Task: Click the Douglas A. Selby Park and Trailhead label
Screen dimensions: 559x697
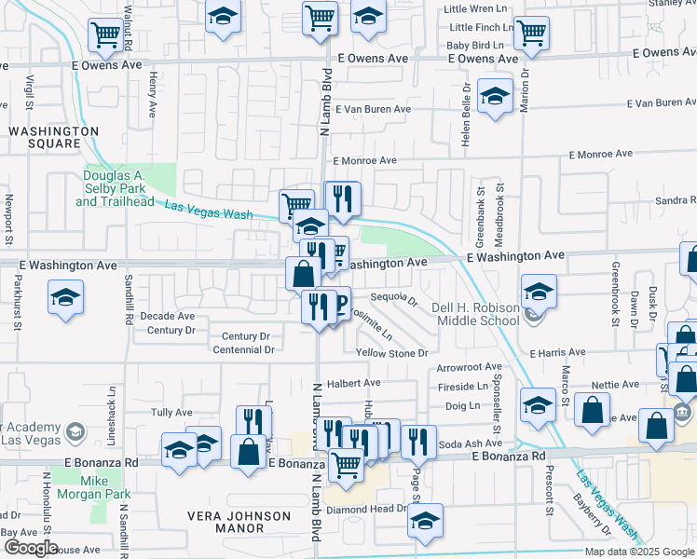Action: tap(124, 187)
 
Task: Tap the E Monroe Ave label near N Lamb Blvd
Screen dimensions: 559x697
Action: tap(364, 160)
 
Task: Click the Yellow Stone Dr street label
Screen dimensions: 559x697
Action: tap(391, 353)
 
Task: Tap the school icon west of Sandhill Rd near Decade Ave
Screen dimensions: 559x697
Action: tap(65, 297)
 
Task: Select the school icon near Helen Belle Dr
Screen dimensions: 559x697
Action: tap(495, 95)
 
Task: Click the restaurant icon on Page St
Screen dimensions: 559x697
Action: tap(420, 441)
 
